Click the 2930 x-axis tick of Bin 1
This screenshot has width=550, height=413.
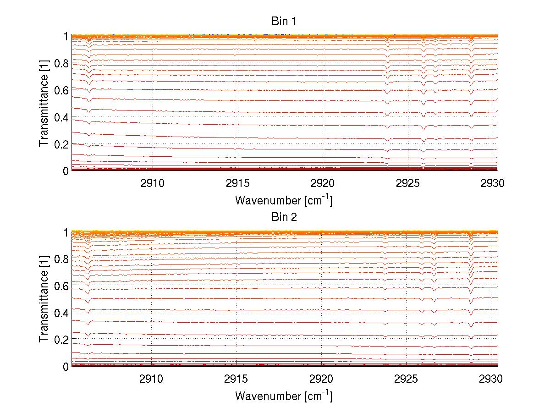click(493, 183)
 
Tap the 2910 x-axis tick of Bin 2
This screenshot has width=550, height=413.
click(152, 379)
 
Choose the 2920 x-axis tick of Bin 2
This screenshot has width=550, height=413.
click(322, 379)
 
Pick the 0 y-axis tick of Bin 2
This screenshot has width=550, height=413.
click(66, 366)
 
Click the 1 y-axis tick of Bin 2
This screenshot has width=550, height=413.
click(66, 232)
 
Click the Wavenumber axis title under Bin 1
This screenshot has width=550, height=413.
click(284, 200)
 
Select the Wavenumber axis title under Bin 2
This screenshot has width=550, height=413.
click(284, 396)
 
